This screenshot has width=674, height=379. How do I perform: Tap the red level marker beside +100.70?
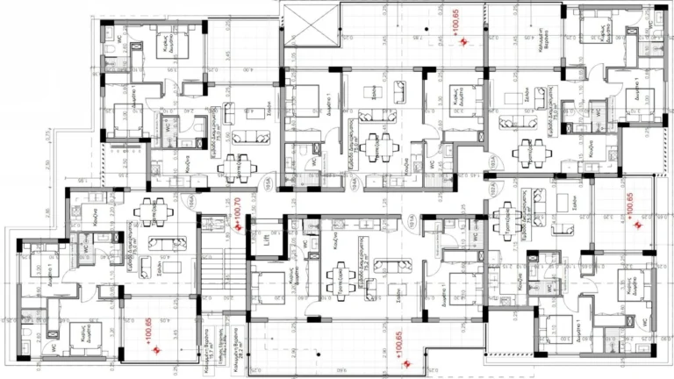click(x=238, y=225)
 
